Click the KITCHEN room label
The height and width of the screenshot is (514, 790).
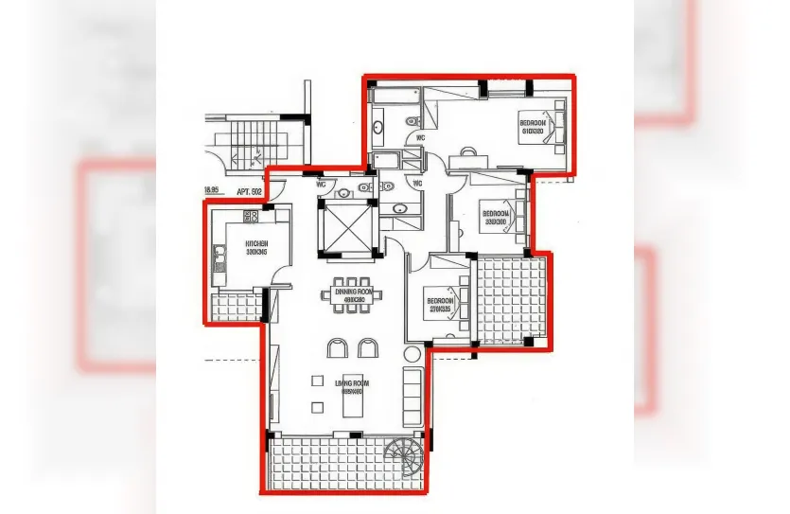click(256, 248)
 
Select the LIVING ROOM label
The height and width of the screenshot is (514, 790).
click(351, 386)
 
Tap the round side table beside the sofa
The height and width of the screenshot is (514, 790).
click(411, 355)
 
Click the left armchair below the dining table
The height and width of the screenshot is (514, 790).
click(338, 348)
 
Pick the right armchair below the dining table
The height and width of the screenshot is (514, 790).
click(367, 348)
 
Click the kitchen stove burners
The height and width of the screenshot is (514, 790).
click(251, 217)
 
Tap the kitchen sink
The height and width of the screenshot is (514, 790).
click(219, 254)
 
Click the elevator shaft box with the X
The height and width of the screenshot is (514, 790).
click(349, 228)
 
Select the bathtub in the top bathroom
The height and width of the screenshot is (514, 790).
click(396, 95)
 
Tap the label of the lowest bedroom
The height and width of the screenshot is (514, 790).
click(442, 305)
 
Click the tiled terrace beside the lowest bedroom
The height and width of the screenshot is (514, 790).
click(511, 301)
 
